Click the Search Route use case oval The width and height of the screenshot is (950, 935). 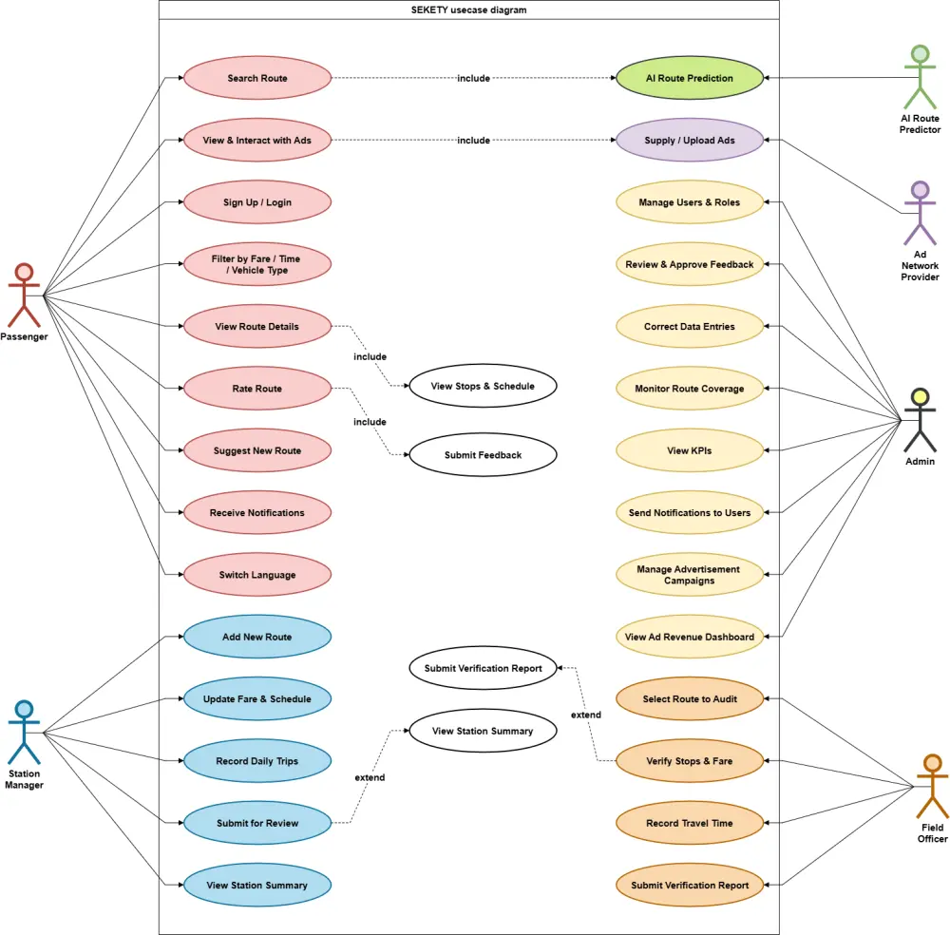click(x=256, y=78)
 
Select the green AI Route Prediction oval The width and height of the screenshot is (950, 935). click(x=689, y=78)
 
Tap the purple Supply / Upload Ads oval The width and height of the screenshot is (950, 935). click(x=689, y=141)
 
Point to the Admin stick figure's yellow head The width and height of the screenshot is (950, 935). click(x=920, y=396)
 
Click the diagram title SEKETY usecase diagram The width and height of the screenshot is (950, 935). click(x=468, y=10)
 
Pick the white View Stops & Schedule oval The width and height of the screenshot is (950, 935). click(x=483, y=386)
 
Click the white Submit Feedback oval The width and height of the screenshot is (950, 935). click(x=483, y=455)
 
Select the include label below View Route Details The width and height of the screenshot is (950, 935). click(x=370, y=356)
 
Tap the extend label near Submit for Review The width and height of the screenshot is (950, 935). click(x=370, y=777)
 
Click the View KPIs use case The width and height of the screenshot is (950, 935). click(x=689, y=450)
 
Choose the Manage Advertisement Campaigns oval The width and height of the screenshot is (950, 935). click(x=689, y=574)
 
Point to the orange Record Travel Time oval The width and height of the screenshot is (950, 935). click(x=689, y=823)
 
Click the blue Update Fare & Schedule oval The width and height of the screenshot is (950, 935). click(x=256, y=699)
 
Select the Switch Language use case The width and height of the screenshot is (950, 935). click(x=256, y=575)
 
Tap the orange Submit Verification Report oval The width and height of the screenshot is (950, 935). click(x=689, y=885)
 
